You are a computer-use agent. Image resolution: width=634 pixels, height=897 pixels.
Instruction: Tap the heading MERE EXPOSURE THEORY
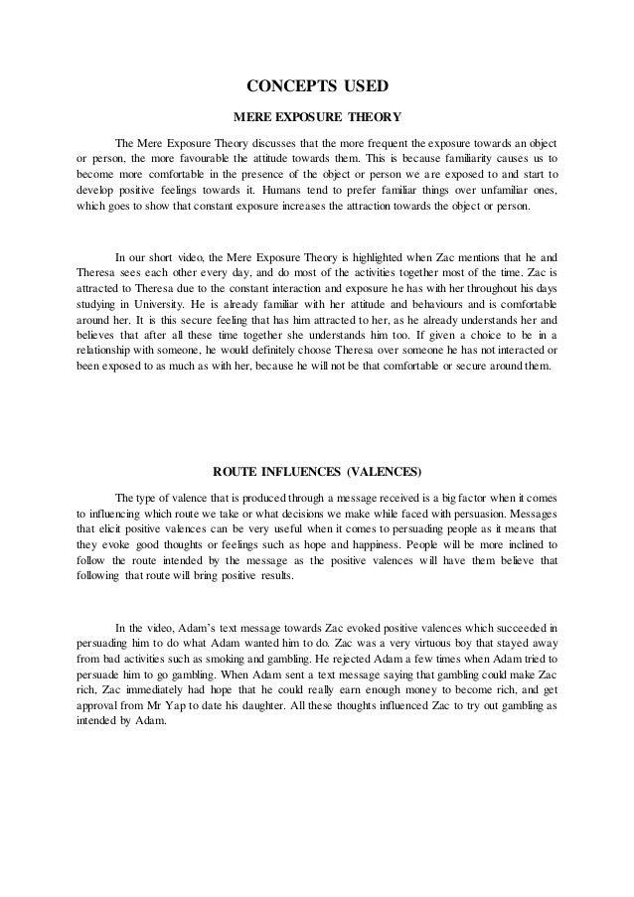click(x=316, y=114)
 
